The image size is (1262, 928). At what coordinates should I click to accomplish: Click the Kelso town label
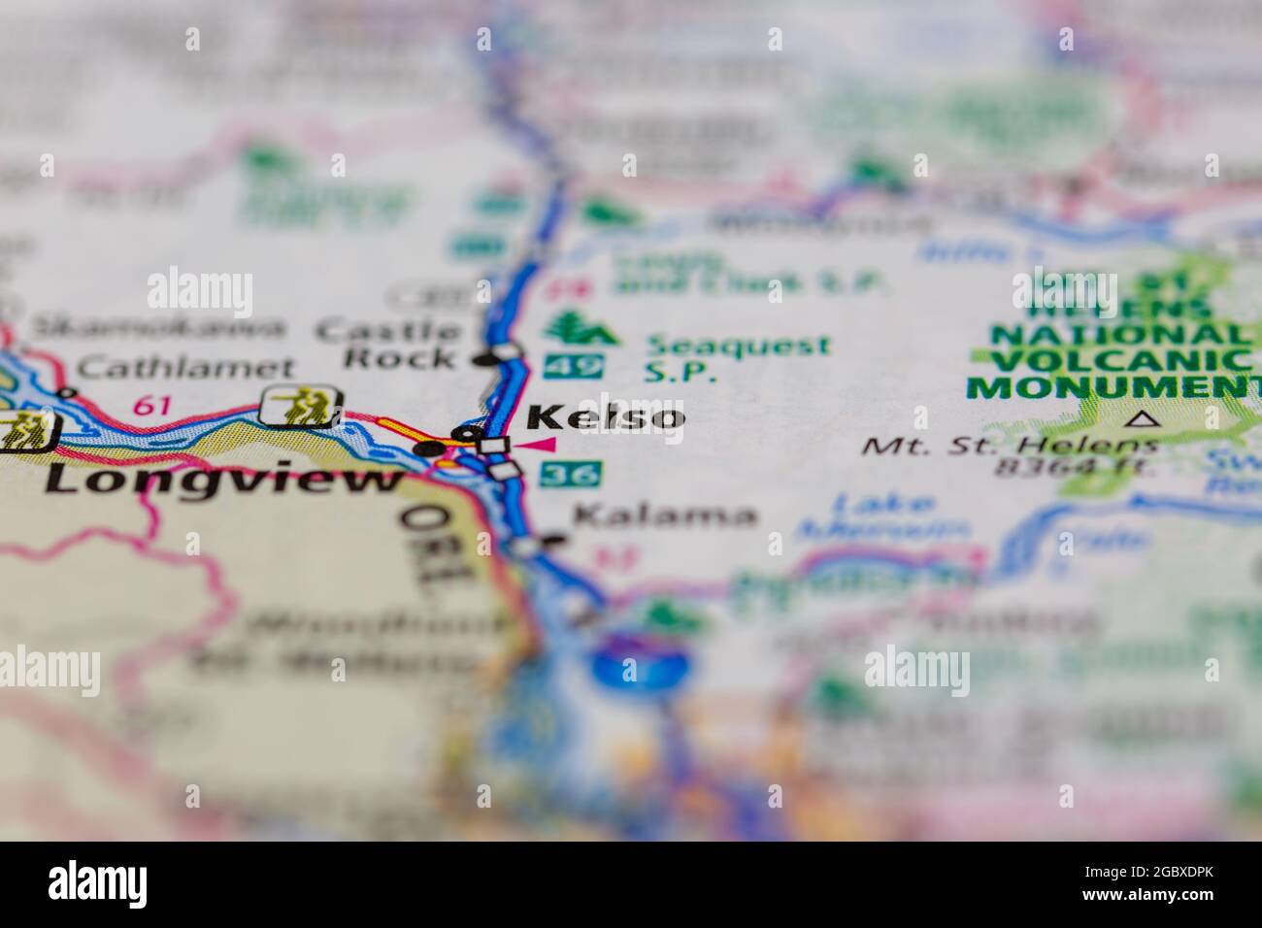tap(606, 417)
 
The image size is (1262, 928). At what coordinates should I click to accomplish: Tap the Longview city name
tap(224, 479)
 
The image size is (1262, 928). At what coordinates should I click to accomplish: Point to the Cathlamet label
tap(184, 368)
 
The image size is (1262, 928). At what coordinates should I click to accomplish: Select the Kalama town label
tap(664, 514)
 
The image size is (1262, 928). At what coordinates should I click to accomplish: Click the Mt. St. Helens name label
tap(1010, 447)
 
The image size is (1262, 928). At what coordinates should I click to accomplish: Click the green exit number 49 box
tap(573, 366)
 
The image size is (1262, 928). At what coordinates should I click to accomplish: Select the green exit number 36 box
tap(572, 475)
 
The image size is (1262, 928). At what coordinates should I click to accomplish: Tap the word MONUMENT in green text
tap(1112, 387)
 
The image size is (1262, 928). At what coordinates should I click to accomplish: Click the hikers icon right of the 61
tap(300, 405)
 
